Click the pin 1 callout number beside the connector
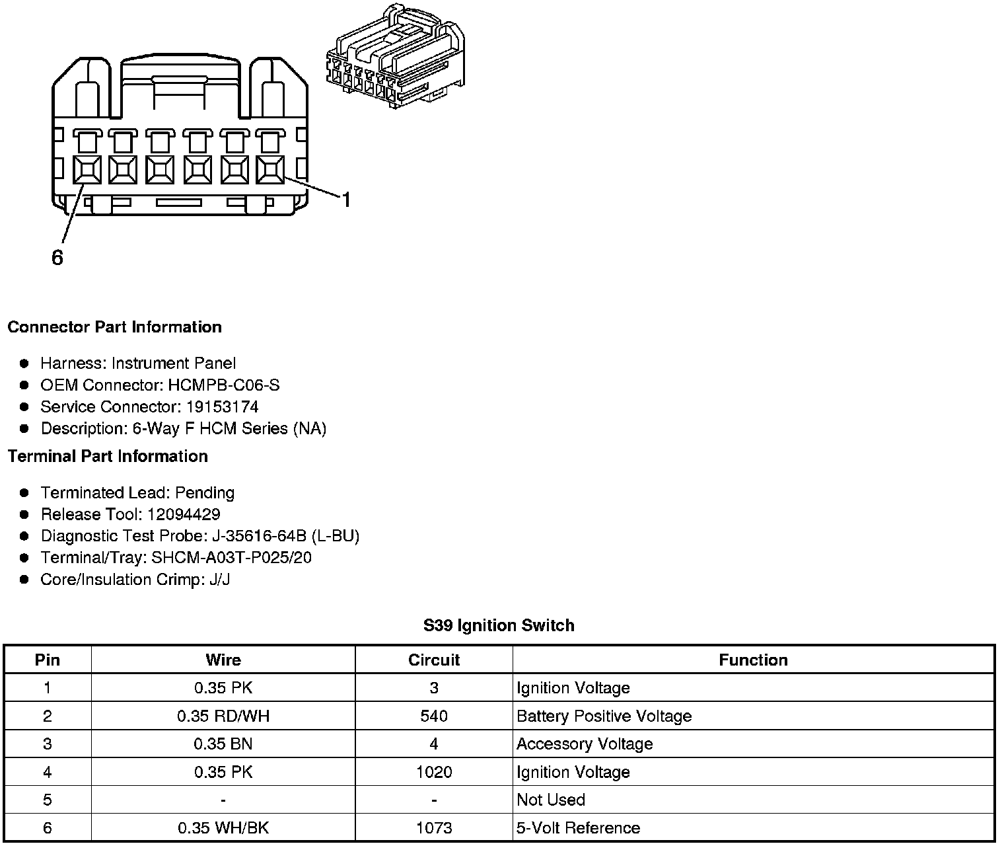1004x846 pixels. [345, 200]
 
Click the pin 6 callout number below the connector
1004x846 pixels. [57, 258]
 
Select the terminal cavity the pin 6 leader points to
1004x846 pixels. [87, 170]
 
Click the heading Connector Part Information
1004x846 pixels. [114, 327]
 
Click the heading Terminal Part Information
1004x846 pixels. [108, 456]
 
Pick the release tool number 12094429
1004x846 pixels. [184, 514]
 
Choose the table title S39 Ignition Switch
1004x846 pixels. [499, 625]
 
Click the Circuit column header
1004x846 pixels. [433, 660]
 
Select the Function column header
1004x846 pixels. [753, 660]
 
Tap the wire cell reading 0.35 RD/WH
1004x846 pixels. [223, 716]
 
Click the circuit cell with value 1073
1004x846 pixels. [433, 827]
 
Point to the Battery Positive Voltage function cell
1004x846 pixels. [604, 716]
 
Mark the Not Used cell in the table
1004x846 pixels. [551, 800]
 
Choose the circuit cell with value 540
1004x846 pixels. [433, 716]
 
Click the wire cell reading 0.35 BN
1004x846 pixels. [223, 744]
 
